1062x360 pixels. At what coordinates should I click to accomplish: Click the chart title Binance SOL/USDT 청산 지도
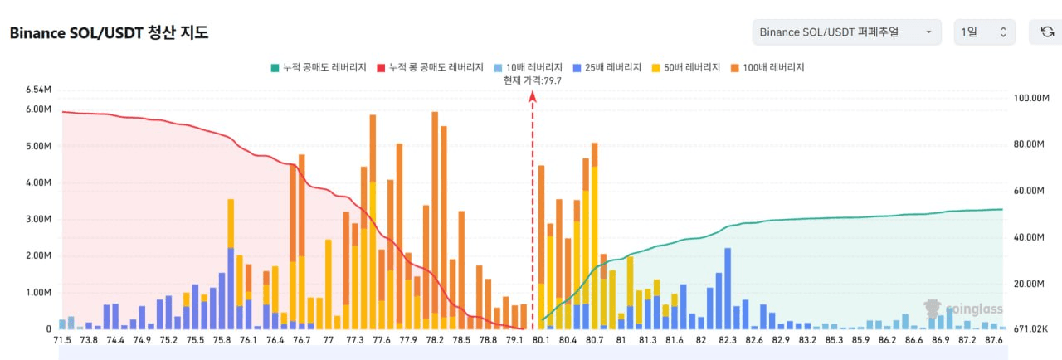click(109, 33)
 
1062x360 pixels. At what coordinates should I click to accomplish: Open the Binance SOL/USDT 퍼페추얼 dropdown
click(846, 32)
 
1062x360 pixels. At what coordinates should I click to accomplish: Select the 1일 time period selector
click(984, 32)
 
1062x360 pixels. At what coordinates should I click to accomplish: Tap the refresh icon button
click(1046, 32)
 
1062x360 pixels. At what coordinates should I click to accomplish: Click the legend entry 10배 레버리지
click(528, 67)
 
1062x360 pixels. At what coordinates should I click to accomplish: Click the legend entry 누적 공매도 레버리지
click(318, 67)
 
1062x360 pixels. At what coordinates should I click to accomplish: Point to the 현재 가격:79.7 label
click(532, 80)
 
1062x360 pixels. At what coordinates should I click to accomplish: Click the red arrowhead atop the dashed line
click(533, 97)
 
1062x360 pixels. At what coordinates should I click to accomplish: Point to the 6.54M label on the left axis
click(39, 89)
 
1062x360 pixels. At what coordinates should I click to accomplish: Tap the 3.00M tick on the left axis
click(39, 220)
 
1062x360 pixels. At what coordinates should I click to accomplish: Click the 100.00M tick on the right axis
click(1032, 98)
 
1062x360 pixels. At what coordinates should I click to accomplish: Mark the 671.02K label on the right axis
click(1032, 329)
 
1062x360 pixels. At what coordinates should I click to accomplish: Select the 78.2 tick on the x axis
click(434, 339)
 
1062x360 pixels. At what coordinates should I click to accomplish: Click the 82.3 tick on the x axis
click(728, 339)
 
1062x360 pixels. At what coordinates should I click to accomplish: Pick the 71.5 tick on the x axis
click(62, 339)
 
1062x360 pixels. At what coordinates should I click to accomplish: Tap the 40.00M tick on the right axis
click(1030, 237)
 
